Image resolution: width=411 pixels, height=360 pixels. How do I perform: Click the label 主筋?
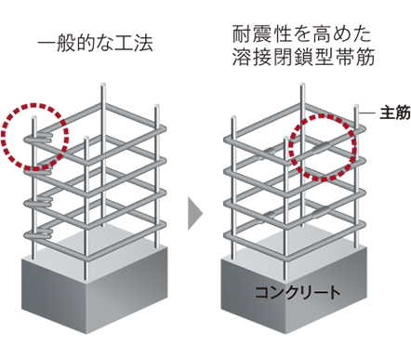[395, 113]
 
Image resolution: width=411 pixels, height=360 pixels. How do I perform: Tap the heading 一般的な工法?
[96, 44]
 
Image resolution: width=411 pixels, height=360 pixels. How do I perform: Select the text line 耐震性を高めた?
[302, 34]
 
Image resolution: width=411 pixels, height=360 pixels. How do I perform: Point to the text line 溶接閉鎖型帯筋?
[304, 57]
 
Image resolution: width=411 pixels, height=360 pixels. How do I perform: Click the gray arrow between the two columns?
[195, 213]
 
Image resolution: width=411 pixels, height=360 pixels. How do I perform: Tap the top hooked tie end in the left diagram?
[38, 138]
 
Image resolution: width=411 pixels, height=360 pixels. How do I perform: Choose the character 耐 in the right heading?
[241, 34]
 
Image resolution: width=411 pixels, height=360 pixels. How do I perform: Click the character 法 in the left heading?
[144, 44]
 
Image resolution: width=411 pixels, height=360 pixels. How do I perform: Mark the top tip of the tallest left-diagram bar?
[103, 85]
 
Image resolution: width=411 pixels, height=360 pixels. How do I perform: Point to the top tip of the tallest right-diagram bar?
[302, 85]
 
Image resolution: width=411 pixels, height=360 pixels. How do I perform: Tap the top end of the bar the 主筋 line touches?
[356, 106]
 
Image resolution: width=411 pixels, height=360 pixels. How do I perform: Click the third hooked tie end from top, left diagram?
[38, 203]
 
